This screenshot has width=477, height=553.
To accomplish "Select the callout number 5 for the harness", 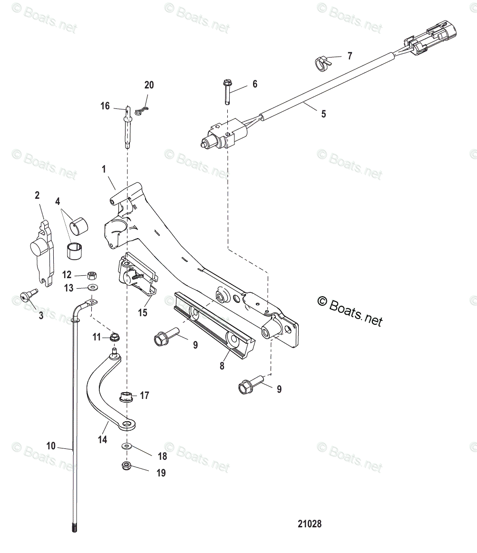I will pos(323,114).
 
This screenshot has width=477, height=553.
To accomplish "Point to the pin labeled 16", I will pos(127,128).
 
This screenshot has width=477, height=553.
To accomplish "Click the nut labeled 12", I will pos(92,275).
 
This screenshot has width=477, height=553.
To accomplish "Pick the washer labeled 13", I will pos(92,287).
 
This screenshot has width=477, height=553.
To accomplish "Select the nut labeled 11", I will pos(114,338).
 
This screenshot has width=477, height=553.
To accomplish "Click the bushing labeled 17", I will pos(126,396).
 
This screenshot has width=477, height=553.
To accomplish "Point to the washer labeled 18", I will pos(126,446).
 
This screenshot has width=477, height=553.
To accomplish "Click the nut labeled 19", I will pos(127,466).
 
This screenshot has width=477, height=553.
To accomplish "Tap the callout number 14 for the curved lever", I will pos(102,440).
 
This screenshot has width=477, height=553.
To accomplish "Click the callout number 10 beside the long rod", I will pos(51,446).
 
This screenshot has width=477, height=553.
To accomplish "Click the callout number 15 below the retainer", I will pos(143,313).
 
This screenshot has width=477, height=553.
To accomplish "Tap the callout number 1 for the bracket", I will pos(104,169).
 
